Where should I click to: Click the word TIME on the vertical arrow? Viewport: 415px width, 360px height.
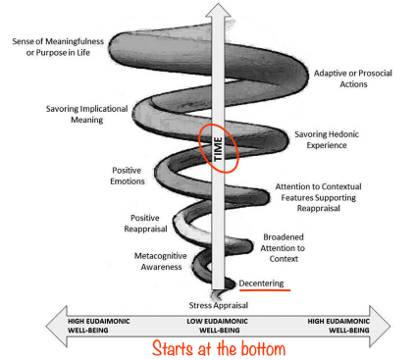point(218,149)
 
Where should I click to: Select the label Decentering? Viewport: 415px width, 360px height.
point(261,283)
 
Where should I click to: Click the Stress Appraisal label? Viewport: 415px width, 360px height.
point(219,305)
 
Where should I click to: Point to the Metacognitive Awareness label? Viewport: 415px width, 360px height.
point(161,261)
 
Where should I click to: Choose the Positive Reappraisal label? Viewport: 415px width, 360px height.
point(145,224)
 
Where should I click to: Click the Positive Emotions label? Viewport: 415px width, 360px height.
point(128,176)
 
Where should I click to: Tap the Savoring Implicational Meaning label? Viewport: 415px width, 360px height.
point(86,114)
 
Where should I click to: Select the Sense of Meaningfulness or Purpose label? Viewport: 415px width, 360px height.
point(58,47)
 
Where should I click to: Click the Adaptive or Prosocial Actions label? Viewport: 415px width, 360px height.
point(353,78)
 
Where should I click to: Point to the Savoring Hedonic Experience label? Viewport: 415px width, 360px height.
point(327,139)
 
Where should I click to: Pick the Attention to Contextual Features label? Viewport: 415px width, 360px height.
point(319,197)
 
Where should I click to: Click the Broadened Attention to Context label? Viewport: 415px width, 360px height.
point(283,248)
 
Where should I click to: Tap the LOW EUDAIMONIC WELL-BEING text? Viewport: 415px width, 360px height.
point(218,326)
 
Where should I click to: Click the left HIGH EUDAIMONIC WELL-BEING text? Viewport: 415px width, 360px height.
point(99,326)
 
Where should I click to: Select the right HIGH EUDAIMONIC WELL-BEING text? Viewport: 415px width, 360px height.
point(338,326)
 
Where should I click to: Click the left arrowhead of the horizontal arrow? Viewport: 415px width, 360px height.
point(57,326)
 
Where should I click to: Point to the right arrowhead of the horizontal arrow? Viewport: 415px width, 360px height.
point(380,326)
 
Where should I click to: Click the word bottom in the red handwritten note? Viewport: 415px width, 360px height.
point(263,348)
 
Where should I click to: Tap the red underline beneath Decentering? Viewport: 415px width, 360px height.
point(265,289)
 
